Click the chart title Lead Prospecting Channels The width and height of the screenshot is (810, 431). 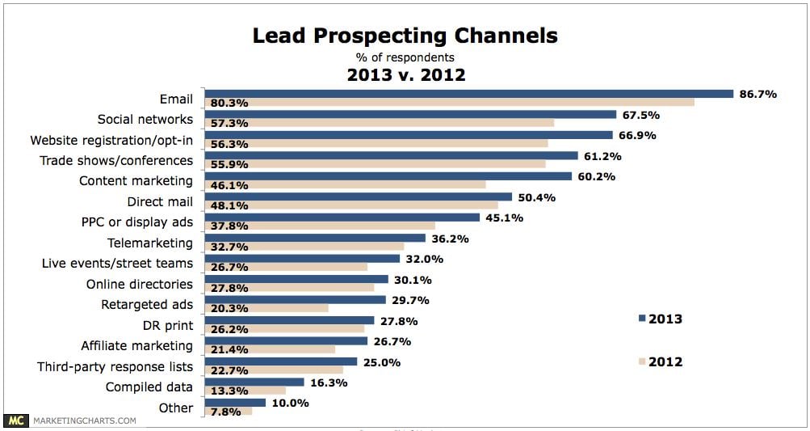pyautogui.click(x=405, y=36)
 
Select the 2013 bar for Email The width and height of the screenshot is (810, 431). pyautogui.click(x=468, y=94)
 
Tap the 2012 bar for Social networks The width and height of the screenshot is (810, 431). pyautogui.click(x=380, y=123)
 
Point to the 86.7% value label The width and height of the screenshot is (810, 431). pyautogui.click(x=758, y=94)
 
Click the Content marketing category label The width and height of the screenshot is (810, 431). pyautogui.click(x=136, y=181)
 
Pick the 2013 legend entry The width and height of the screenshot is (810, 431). pyautogui.click(x=660, y=319)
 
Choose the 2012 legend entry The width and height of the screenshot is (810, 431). pyautogui.click(x=660, y=361)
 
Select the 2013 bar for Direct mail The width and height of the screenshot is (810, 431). pyautogui.click(x=359, y=196)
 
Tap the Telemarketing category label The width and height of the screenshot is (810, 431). pyautogui.click(x=150, y=243)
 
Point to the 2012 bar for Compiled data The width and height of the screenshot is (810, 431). pyautogui.click(x=246, y=391)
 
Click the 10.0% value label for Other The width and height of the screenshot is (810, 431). pyautogui.click(x=289, y=403)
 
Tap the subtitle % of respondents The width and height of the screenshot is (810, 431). pyautogui.click(x=405, y=57)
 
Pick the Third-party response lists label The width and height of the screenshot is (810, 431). pyautogui.click(x=115, y=366)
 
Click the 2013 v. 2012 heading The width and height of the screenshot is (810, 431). pyautogui.click(x=405, y=75)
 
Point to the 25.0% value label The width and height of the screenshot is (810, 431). pyautogui.click(x=381, y=362)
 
